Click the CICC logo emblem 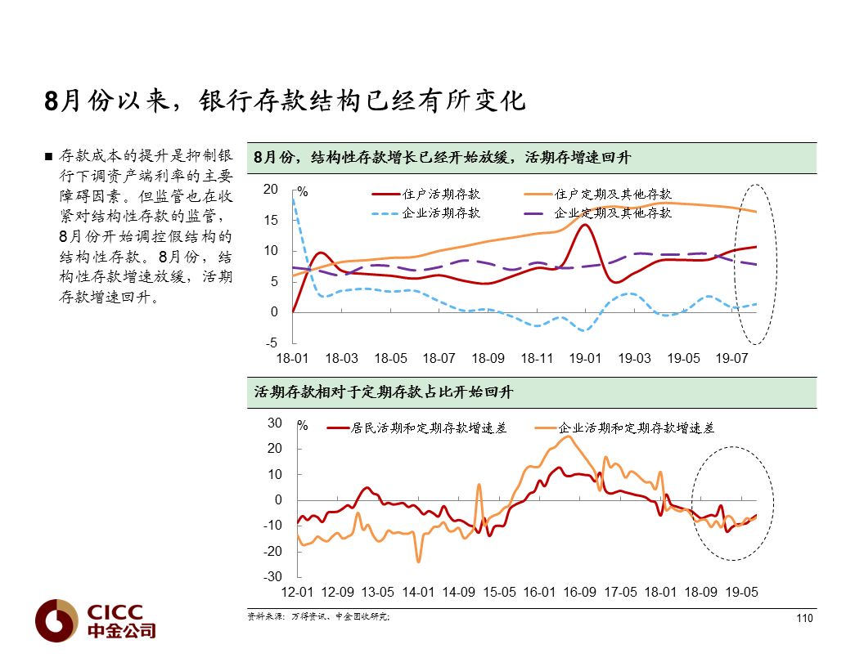56,620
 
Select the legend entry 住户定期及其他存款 613,195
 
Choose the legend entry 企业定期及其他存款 613,213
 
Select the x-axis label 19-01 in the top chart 585,359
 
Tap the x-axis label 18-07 439,359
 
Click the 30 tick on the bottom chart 276,423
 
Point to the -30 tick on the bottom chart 273,577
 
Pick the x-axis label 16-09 580,592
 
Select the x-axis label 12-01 297,592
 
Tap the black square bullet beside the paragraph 49,156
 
